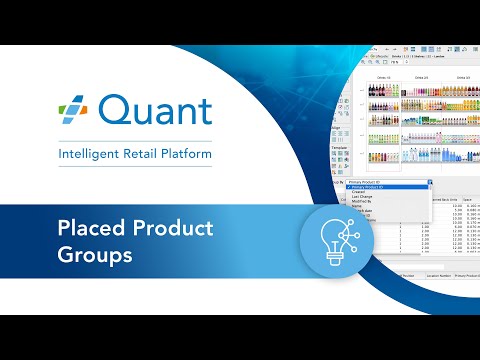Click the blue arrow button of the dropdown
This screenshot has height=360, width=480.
point(430,182)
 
